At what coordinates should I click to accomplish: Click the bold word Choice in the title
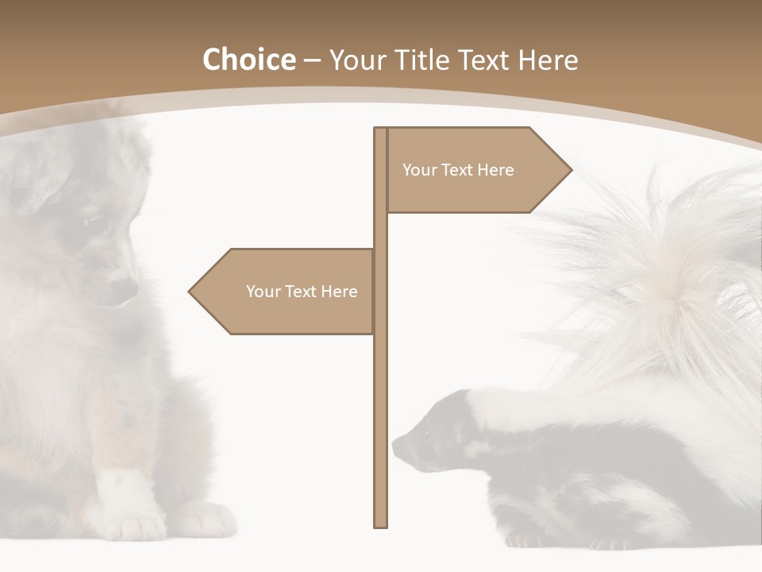[248, 60]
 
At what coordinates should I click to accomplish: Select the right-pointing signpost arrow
[476, 170]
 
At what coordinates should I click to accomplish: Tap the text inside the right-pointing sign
[458, 170]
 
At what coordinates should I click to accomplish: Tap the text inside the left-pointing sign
[302, 292]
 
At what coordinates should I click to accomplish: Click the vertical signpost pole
[381, 397]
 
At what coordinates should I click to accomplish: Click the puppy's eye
[93, 220]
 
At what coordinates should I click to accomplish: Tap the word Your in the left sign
[263, 292]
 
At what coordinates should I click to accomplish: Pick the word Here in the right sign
[496, 170]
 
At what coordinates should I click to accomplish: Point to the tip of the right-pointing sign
[571, 170]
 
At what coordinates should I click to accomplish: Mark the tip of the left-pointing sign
[189, 292]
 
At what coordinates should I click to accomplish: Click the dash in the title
[312, 60]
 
